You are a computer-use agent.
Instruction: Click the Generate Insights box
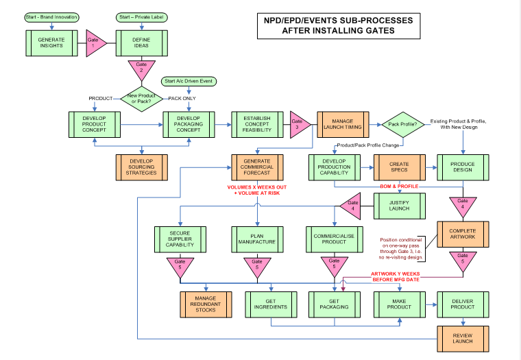(51, 43)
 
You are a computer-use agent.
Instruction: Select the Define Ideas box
(141, 43)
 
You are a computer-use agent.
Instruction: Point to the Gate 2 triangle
(141, 69)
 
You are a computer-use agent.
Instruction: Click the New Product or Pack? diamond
(141, 98)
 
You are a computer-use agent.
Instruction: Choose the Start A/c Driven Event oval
(189, 82)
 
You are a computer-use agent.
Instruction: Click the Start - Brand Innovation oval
(51, 16)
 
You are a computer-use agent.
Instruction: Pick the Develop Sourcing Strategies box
(142, 167)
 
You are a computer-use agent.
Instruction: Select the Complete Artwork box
(463, 235)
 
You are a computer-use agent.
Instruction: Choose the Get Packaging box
(334, 303)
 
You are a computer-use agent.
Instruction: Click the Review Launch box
(463, 337)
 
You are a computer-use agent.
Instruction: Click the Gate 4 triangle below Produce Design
(463, 205)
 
